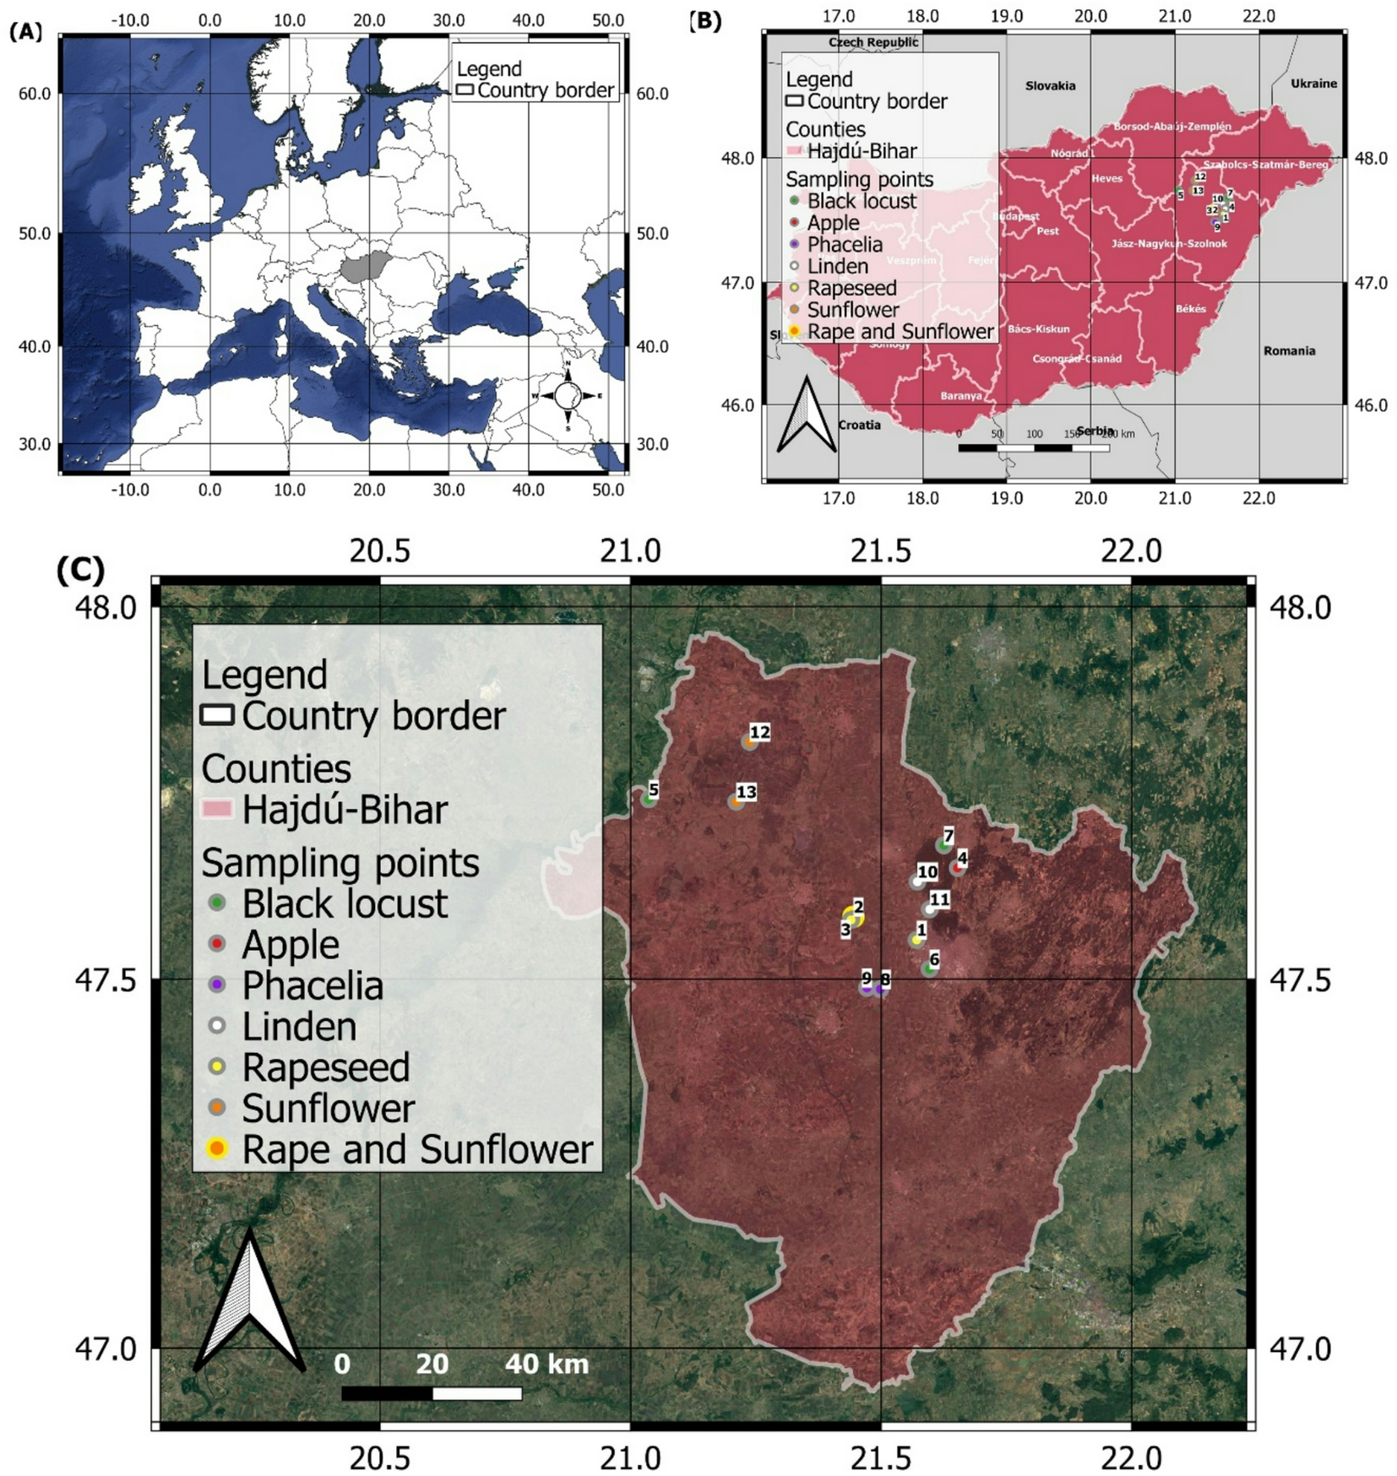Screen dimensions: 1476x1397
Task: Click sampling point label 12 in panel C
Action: click(759, 732)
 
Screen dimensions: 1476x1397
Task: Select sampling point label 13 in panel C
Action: click(746, 792)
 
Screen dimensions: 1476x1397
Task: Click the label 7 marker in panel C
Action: click(944, 844)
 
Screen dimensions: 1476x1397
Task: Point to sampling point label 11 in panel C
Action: click(939, 899)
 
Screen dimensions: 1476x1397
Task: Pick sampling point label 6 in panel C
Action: click(933, 959)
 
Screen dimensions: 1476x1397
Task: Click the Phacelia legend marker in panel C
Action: click(217, 985)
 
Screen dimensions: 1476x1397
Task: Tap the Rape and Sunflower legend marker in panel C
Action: click(217, 1148)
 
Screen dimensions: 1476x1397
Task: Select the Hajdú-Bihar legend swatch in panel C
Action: click(216, 809)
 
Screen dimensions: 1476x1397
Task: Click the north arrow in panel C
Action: click(249, 1301)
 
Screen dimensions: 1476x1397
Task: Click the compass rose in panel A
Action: click(568, 395)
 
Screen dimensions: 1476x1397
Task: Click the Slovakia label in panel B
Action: click(1050, 85)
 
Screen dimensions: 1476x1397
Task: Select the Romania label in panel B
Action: click(1289, 350)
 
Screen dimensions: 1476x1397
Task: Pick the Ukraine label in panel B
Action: click(1313, 84)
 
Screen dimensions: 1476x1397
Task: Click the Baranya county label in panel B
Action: click(960, 395)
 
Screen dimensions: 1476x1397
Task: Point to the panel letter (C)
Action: click(80, 571)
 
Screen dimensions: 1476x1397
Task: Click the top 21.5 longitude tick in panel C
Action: click(880, 551)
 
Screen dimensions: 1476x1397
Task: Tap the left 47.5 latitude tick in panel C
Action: click(106, 980)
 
